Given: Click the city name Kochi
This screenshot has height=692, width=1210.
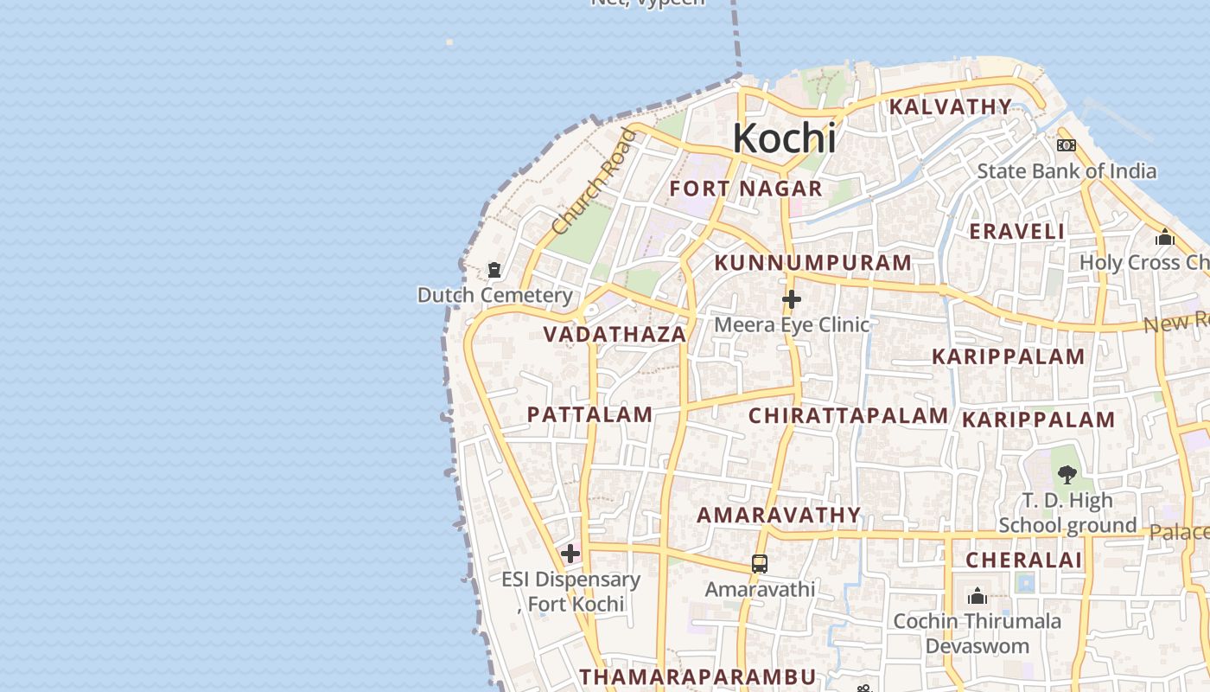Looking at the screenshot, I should click(784, 138).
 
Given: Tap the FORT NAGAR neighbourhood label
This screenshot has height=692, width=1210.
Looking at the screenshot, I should click(746, 189).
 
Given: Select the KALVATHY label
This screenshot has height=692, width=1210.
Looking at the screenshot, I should click(950, 106).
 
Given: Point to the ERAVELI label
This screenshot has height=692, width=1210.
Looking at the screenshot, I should click(1016, 231).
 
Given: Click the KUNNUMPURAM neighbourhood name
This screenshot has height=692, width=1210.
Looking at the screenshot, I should click(813, 262).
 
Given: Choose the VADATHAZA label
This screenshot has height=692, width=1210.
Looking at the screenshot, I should click(615, 334).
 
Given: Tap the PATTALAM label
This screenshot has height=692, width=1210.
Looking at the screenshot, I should click(589, 414).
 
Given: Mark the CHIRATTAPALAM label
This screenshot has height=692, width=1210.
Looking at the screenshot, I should click(848, 415).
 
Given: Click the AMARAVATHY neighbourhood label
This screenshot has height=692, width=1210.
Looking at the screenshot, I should click(779, 516).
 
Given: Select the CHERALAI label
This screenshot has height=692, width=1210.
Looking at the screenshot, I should click(1023, 560).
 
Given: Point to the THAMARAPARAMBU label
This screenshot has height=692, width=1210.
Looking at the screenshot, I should click(697, 676).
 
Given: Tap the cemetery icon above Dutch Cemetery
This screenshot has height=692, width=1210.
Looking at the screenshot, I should click(494, 271).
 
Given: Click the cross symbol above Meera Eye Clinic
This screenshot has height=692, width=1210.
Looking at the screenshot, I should click(791, 300).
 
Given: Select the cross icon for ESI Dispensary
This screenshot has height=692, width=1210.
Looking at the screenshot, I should click(570, 554).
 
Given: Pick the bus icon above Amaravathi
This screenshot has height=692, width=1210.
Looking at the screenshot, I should click(759, 564).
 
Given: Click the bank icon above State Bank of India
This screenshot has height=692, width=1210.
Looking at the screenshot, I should click(1066, 145).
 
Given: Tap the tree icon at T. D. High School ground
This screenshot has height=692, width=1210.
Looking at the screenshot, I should click(1067, 474).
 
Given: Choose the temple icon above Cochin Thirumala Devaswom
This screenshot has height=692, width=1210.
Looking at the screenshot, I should click(978, 596).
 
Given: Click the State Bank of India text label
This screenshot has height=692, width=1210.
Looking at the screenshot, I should click(1066, 170).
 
